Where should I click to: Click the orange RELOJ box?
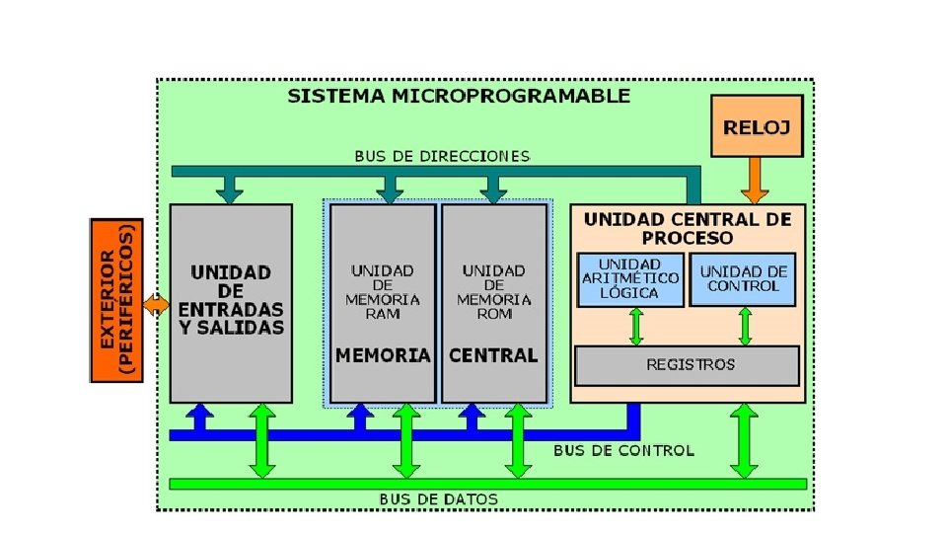pyautogui.click(x=757, y=125)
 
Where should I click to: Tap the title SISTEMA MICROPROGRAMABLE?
pyautogui.click(x=459, y=96)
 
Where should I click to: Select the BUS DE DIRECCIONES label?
pyautogui.click(x=442, y=156)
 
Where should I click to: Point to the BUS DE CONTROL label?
pyautogui.click(x=623, y=450)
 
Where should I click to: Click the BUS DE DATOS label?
pyautogui.click(x=439, y=499)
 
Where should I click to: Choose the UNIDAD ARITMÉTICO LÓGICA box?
pyautogui.click(x=630, y=278)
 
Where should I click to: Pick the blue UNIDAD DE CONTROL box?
pyautogui.click(x=744, y=278)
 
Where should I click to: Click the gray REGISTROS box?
pyautogui.click(x=688, y=365)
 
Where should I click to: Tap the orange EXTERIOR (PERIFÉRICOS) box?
pyautogui.click(x=116, y=301)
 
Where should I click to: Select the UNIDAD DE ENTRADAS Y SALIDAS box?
pyautogui.click(x=231, y=301)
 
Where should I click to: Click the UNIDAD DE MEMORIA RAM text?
pyautogui.click(x=383, y=291)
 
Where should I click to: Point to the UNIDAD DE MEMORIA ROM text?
pyautogui.click(x=494, y=291)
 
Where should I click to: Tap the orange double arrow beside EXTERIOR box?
pyautogui.click(x=156, y=303)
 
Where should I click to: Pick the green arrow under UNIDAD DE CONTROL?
pyautogui.click(x=744, y=326)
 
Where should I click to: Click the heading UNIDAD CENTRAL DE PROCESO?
pyautogui.click(x=688, y=228)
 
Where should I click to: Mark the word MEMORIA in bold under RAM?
pyautogui.click(x=384, y=355)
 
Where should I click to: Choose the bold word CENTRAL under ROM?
pyautogui.click(x=494, y=355)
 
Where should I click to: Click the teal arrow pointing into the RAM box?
pyautogui.click(x=390, y=187)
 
